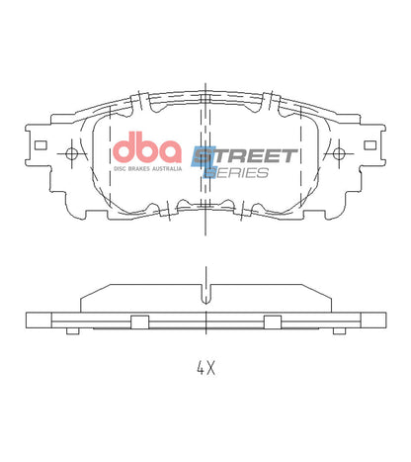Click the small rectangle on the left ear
pyautogui.click(x=40, y=144)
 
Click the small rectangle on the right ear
pyautogui.click(x=370, y=144)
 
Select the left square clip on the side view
pyautogui.click(x=138, y=320)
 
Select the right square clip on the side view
pyautogui.click(x=272, y=320)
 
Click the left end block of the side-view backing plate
pyautogui.click(x=35, y=321)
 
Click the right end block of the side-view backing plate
pyautogui.click(x=376, y=321)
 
